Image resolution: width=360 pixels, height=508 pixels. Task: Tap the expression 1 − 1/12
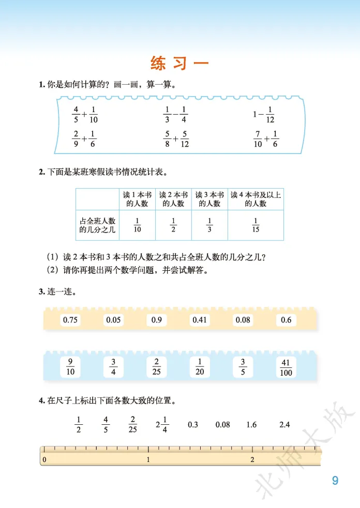coord(264,115)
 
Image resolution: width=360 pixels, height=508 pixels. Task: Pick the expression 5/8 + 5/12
coord(176,139)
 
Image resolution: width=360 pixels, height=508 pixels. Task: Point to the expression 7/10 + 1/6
coord(266,139)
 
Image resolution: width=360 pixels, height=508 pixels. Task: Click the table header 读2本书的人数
coord(173,199)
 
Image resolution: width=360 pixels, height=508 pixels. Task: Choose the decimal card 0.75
coord(70,320)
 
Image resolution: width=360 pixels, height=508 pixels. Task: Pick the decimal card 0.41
coord(200,320)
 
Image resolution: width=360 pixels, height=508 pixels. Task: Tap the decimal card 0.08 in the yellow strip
coord(243,320)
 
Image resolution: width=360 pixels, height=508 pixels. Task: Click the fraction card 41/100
coord(286,367)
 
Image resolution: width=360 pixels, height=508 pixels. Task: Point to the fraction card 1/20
coord(200,367)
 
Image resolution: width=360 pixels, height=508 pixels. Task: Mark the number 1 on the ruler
coord(148,459)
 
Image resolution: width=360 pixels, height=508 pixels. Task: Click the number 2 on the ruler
coord(252,459)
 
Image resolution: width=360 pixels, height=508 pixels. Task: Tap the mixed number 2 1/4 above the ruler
coord(161,425)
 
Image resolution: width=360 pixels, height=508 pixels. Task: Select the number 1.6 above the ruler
coord(251,425)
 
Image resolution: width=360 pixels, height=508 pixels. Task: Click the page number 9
coord(335,481)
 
